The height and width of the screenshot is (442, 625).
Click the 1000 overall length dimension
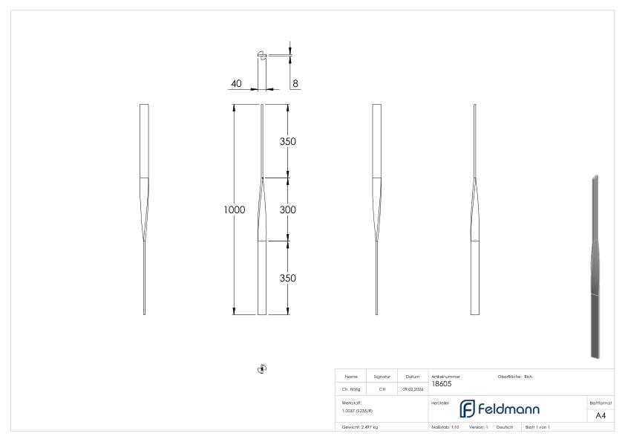click(235, 210)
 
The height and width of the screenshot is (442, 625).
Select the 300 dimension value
click(287, 210)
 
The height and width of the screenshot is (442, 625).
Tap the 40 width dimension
click(236, 84)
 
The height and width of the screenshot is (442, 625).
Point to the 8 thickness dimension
click(295, 84)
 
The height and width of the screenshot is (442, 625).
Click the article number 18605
click(441, 383)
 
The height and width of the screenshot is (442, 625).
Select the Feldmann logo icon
click(469, 409)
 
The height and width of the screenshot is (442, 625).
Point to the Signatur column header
click(382, 377)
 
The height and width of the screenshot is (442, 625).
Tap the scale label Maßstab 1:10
click(445, 427)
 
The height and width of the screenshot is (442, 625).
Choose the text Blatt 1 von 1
click(537, 427)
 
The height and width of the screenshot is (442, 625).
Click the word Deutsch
click(505, 427)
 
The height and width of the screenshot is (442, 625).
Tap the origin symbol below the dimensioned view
click(261, 368)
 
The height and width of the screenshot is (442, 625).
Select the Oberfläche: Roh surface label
click(514, 377)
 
